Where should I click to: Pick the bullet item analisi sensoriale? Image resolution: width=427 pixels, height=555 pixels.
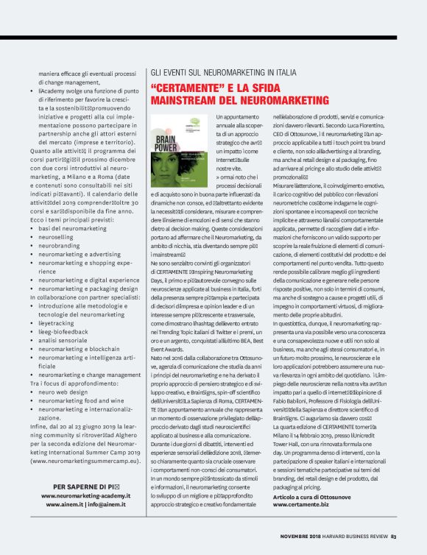click(x=67, y=340)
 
